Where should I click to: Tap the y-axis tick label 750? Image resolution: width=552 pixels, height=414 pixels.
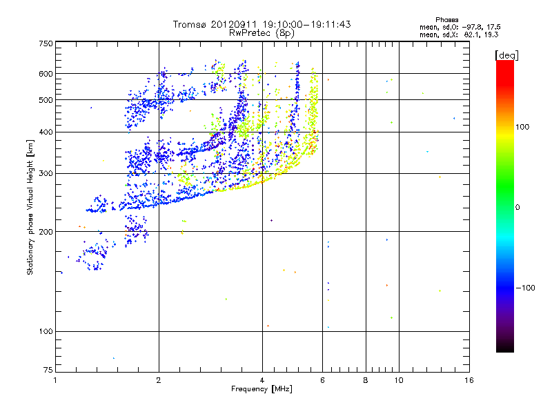pyautogui.click(x=46, y=43)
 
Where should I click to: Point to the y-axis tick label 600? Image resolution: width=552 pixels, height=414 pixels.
pyautogui.click(x=46, y=74)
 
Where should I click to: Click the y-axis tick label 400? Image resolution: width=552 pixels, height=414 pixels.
pyautogui.click(x=46, y=132)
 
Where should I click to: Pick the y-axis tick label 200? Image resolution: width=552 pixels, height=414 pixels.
pyautogui.click(x=46, y=232)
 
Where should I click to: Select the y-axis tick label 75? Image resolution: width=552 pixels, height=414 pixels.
pyautogui.click(x=48, y=371)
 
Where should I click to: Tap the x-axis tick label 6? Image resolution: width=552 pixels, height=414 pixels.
pyautogui.click(x=323, y=380)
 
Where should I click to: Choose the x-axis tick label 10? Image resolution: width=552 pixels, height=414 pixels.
pyautogui.click(x=399, y=380)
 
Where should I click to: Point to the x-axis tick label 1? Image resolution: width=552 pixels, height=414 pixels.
pyautogui.click(x=55, y=380)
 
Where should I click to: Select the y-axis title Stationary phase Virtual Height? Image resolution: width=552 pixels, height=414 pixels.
pyautogui.click(x=30, y=207)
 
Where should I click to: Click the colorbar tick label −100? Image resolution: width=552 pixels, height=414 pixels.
pyautogui.click(x=526, y=288)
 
